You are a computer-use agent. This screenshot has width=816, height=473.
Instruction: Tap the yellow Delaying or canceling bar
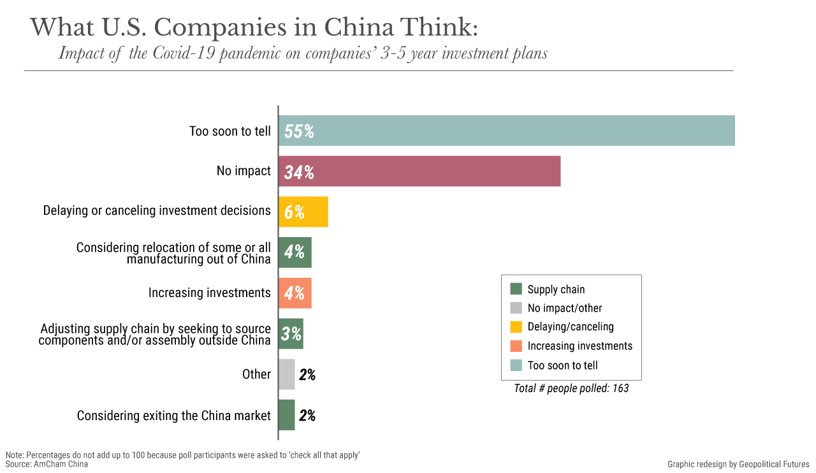click(303, 212)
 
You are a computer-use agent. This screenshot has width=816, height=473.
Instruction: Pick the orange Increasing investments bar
click(295, 293)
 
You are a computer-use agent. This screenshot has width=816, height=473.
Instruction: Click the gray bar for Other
click(287, 374)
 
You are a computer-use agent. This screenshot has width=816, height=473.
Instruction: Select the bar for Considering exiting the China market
click(287, 415)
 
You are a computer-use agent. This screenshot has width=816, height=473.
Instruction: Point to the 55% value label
click(299, 131)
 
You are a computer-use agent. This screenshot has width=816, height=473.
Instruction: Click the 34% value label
click(299, 172)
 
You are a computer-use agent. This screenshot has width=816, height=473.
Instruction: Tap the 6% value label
click(295, 212)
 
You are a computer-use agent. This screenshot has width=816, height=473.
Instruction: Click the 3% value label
click(291, 333)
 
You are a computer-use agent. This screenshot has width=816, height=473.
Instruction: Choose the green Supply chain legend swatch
click(516, 289)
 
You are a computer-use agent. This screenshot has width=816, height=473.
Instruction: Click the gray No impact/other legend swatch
click(516, 309)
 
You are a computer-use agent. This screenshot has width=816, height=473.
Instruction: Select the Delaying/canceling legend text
click(571, 327)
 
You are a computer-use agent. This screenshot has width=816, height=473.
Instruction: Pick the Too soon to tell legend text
click(563, 365)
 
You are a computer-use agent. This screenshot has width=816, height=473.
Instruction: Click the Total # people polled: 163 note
click(571, 388)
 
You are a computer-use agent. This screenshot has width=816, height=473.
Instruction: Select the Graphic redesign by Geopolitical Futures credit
click(738, 464)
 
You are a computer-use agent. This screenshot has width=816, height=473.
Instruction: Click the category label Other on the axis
click(257, 374)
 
